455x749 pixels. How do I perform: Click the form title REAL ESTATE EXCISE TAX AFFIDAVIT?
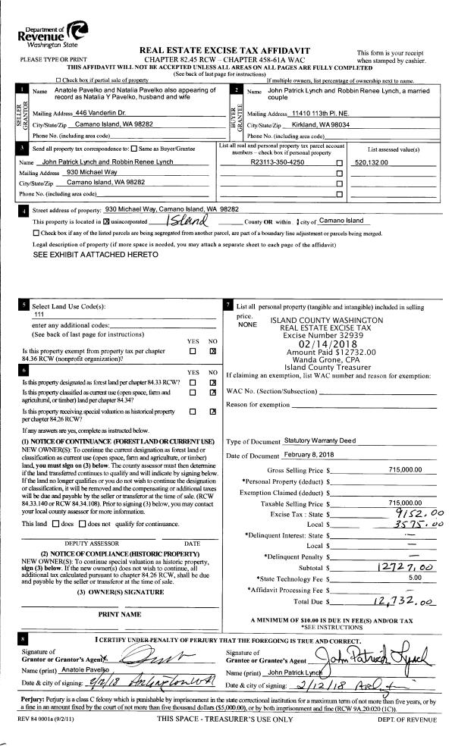coord(237,49)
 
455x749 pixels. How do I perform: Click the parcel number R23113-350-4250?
coord(277,162)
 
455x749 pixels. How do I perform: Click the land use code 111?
coord(39,314)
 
